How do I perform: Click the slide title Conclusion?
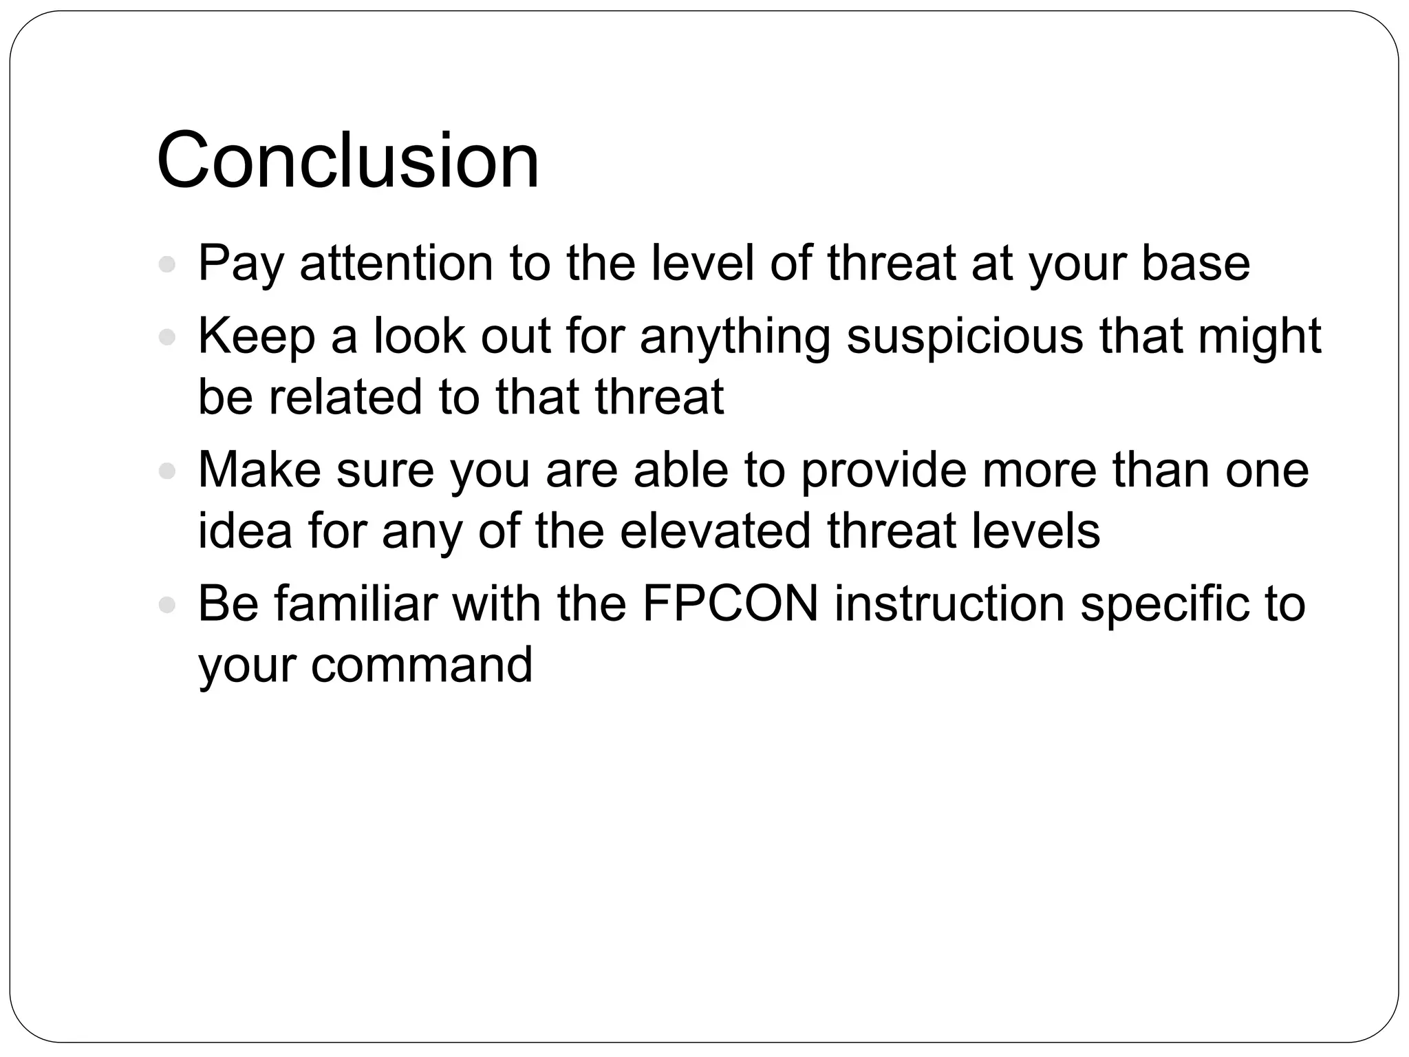[348, 161]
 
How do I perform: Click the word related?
[345, 397]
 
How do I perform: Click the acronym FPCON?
[731, 604]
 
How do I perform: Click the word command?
[422, 665]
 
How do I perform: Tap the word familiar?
[355, 604]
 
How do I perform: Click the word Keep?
[257, 337]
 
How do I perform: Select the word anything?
[735, 337]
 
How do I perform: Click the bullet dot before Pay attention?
[167, 264]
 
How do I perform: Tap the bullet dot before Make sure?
[167, 471]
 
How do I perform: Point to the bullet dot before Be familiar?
[167, 605]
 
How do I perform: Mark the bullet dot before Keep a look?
[167, 338]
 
